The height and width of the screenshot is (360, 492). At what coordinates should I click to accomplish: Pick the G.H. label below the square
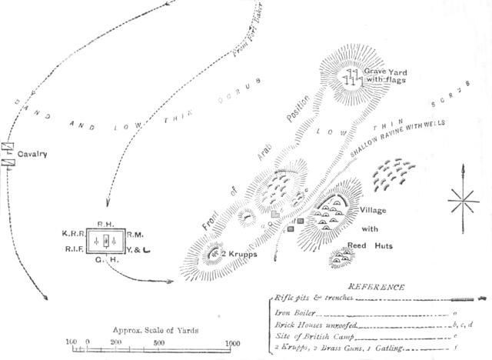click(x=105, y=260)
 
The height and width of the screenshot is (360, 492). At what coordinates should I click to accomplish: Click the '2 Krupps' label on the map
click(x=236, y=253)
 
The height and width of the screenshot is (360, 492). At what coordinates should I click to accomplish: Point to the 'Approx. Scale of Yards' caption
click(x=155, y=329)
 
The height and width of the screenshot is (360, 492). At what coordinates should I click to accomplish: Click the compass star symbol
click(x=463, y=202)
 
